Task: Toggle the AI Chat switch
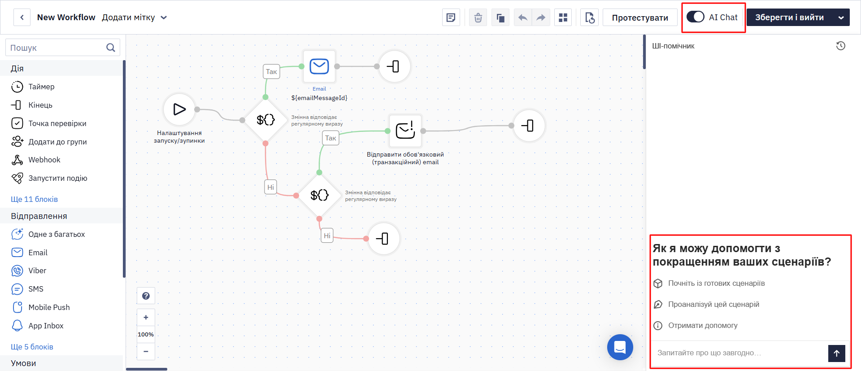point(696,17)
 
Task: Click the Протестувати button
point(640,17)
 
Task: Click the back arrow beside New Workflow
point(22,17)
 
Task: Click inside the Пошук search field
point(56,48)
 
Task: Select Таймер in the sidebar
point(41,87)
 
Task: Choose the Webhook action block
point(44,160)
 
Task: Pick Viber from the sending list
point(37,271)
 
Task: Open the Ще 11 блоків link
point(34,199)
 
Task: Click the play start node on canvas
point(179,109)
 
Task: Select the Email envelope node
point(319,66)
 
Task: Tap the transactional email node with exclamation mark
point(405,131)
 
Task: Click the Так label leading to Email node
point(271,72)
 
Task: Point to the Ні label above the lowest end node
point(327,236)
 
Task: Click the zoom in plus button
point(146,317)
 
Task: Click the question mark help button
point(146,296)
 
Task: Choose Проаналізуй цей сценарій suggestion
point(713,304)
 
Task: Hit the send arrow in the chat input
point(837,353)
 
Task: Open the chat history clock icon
point(841,46)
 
